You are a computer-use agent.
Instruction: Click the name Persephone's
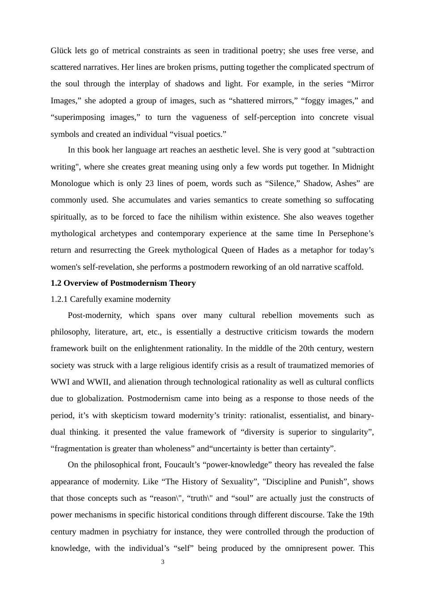point(351,233)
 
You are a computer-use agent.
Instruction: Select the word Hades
point(268,250)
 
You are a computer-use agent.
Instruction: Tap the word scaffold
point(348,267)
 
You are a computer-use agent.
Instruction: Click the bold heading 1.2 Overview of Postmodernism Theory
point(123,283)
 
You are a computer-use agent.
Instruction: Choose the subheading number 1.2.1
point(59,299)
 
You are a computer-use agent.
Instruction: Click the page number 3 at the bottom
point(163,562)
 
